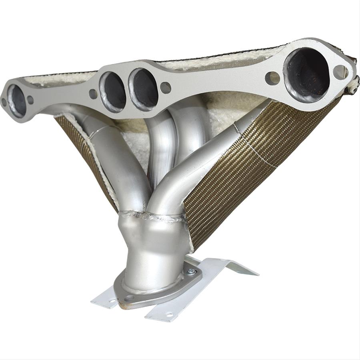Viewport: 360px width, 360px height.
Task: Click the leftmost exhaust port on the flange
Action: [x=17, y=101]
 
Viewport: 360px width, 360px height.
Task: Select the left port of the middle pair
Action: [x=113, y=92]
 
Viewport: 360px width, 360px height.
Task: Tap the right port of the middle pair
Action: [x=143, y=89]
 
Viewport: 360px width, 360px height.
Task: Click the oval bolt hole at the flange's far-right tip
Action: [x=340, y=72]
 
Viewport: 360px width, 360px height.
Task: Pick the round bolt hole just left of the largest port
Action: [x=272, y=78]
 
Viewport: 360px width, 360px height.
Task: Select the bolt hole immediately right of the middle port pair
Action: [x=165, y=88]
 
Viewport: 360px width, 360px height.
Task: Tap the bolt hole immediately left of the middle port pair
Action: [x=93, y=94]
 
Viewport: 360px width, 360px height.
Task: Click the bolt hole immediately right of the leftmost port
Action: [x=30, y=100]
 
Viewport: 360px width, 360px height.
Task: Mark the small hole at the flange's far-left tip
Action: [x=4, y=102]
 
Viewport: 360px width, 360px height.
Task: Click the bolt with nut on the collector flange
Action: [x=191, y=272]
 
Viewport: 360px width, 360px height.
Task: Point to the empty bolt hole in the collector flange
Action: [x=129, y=298]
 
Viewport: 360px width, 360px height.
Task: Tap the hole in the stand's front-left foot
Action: [x=112, y=301]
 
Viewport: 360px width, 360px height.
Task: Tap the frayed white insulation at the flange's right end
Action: [x=352, y=86]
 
